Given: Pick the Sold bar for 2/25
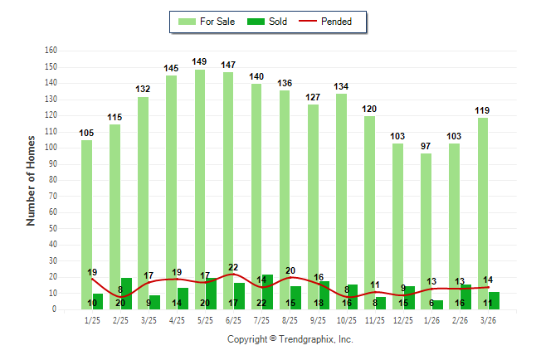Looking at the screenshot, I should (126, 294).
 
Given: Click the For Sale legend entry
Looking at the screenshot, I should (207, 22).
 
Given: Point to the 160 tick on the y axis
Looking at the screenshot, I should (51, 51).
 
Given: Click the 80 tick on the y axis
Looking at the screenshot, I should (53, 180).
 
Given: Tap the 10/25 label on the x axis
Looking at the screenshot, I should (347, 319).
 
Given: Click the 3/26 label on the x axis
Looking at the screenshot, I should (488, 319).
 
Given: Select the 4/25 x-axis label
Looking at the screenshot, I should (177, 319).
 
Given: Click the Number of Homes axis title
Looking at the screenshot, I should (32, 180).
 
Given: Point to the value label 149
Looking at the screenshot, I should (199, 61).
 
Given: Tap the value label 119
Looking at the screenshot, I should (482, 110).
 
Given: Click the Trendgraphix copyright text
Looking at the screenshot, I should (290, 339).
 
